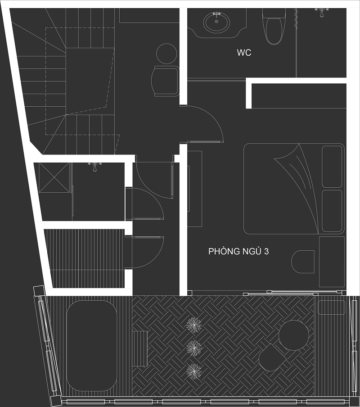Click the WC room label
click(x=244, y=53)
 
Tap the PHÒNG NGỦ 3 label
click(x=238, y=251)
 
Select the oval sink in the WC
click(x=216, y=23)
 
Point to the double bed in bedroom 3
click(x=294, y=189)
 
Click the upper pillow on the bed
click(x=332, y=167)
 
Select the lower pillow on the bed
click(x=332, y=211)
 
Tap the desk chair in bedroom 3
click(x=303, y=262)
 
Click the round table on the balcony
click(x=293, y=335)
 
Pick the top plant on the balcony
click(x=194, y=325)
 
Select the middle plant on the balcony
click(x=194, y=348)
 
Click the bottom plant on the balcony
click(x=194, y=371)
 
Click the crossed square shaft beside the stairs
click(x=54, y=177)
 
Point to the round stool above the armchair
click(x=166, y=54)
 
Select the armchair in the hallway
click(x=165, y=81)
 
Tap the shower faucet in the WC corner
click(x=322, y=12)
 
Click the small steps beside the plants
click(x=140, y=348)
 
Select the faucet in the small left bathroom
click(x=95, y=166)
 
